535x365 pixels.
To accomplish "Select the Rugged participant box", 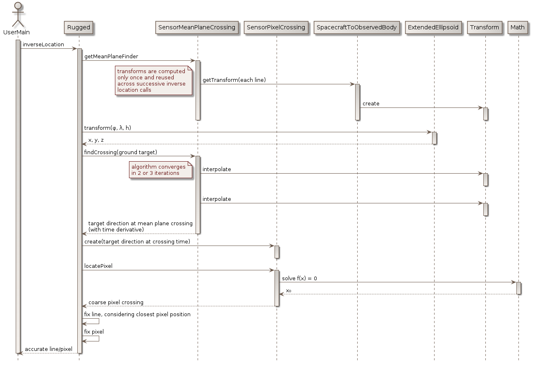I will [79, 28].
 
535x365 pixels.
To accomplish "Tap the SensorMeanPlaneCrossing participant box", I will [197, 28].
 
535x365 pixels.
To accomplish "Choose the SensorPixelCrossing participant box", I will [276, 28].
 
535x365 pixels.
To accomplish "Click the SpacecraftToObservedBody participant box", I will [357, 28].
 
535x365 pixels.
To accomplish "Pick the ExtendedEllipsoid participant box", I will [434, 28].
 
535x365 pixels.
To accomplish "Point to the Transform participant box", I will [485, 28].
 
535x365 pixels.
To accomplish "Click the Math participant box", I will [518, 28].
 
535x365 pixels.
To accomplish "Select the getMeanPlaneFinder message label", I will [111, 56].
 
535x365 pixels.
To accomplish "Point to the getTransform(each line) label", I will [234, 80].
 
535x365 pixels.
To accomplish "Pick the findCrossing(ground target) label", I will [121, 153].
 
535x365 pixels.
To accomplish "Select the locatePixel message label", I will [98, 266].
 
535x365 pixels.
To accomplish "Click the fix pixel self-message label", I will [94, 332].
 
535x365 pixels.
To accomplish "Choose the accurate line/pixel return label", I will [49, 350].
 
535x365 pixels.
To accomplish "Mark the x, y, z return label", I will [96, 141].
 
